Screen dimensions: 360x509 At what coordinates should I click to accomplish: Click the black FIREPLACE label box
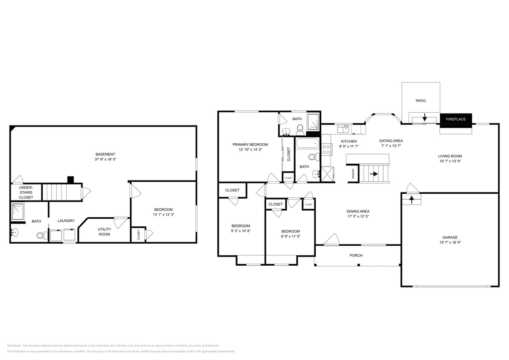pyautogui.click(x=456, y=119)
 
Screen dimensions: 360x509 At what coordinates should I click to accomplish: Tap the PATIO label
pyautogui.click(x=421, y=101)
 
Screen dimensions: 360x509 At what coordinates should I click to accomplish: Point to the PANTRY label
pyautogui.click(x=353, y=174)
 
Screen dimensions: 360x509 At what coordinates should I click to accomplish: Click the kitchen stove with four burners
pyautogui.click(x=327, y=150)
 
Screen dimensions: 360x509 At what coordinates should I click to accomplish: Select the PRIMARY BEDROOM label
pyautogui.click(x=250, y=144)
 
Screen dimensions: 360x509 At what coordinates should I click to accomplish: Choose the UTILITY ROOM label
pyautogui.click(x=105, y=232)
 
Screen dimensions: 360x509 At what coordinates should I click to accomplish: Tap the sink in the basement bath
pyautogui.click(x=14, y=233)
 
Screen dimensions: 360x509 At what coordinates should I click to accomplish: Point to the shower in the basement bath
pyautogui.click(x=17, y=212)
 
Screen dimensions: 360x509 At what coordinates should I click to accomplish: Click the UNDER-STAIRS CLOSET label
pyautogui.click(x=26, y=192)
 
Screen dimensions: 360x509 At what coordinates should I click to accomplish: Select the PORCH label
pyautogui.click(x=356, y=255)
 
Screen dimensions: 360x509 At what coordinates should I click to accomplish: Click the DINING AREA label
pyautogui.click(x=358, y=211)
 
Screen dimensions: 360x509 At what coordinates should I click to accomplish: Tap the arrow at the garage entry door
pyautogui.click(x=411, y=199)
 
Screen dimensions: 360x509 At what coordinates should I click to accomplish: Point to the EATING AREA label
pyautogui.click(x=391, y=141)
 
